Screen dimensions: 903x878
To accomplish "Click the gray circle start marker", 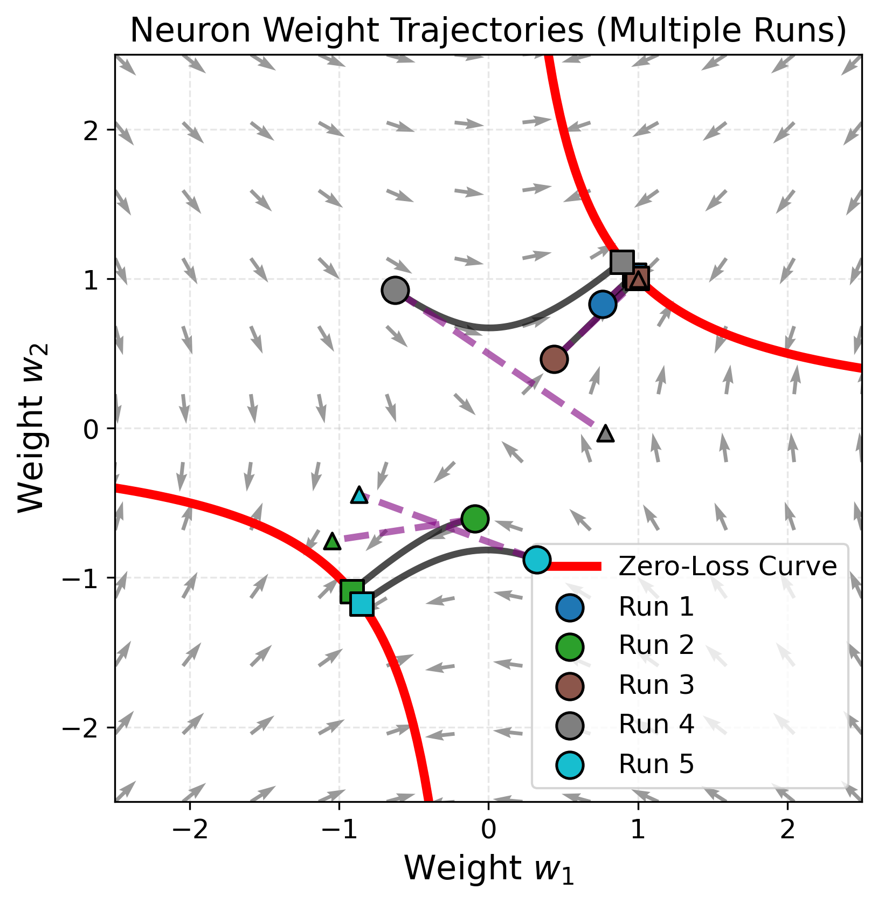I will [395, 291].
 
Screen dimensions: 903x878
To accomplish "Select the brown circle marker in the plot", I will [554, 359].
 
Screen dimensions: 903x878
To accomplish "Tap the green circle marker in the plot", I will [475, 519].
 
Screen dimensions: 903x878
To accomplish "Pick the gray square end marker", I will [622, 262].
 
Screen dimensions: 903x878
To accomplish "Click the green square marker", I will [352, 592].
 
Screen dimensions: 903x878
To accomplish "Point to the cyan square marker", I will [362, 604].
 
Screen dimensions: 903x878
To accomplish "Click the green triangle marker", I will [333, 541].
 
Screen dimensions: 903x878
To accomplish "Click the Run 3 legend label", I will [656, 685].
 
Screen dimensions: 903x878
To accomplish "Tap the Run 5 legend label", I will [656, 764].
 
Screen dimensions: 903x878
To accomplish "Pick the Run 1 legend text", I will [656, 607].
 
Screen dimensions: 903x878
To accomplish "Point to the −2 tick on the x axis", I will [190, 830].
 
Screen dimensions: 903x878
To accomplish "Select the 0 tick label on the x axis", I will [488, 830].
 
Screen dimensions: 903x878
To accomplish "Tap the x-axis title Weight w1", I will [488, 869].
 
